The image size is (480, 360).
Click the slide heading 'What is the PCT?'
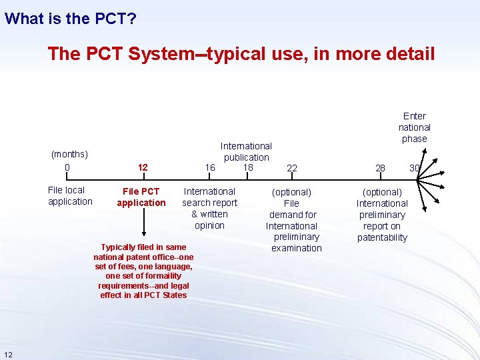(71, 18)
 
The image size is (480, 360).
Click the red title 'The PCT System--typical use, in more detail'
(241, 54)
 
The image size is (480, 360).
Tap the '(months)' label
(69, 155)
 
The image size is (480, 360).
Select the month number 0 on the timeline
(67, 167)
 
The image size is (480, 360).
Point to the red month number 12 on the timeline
(142, 168)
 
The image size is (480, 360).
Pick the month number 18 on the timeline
(247, 167)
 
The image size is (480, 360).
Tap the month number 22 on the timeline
(292, 169)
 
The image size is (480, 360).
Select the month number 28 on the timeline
(380, 168)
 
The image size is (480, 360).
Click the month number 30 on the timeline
(415, 168)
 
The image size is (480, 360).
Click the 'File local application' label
(70, 196)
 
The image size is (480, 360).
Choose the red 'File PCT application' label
(141, 197)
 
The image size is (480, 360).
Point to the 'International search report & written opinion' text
(209, 209)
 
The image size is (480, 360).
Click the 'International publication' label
(246, 151)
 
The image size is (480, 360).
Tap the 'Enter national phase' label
(414, 127)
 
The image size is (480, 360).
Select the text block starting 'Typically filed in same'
(143, 271)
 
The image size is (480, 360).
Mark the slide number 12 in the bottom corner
(8, 353)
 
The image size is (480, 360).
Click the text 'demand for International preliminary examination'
(293, 231)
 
